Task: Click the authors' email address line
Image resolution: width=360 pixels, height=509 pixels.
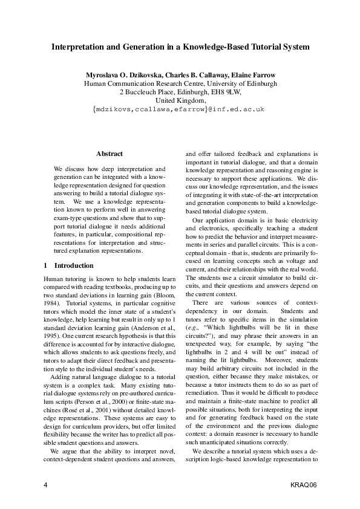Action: (180, 109)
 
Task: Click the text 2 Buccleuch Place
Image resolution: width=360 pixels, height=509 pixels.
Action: (145, 92)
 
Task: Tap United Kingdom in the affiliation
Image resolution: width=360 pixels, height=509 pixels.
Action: (180, 100)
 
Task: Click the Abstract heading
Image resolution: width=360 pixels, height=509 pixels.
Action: (110, 154)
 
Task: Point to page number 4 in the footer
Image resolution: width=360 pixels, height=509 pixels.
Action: (45, 485)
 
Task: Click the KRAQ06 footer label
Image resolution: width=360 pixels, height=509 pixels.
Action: (303, 485)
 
